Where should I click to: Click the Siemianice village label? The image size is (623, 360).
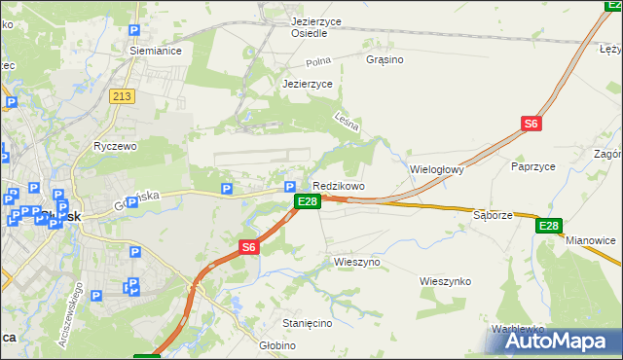157,51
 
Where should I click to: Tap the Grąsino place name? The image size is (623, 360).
384,59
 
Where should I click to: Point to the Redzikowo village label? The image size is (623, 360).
338,186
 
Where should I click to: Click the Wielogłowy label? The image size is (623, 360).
437,168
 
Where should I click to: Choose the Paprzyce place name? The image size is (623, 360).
532,166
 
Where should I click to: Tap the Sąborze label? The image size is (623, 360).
493,214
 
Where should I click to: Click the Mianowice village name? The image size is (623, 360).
591,240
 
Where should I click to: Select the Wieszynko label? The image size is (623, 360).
445,281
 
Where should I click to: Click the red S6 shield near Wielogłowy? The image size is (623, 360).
531,124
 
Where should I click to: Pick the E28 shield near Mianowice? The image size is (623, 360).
549,226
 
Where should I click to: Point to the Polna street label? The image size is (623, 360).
318,61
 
